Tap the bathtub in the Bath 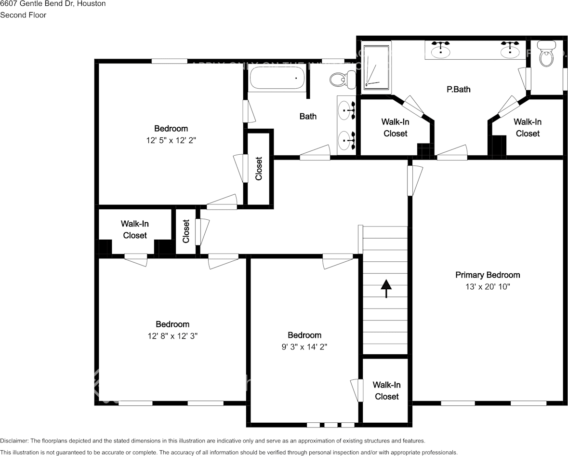click(x=277, y=78)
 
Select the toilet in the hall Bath click(x=343, y=79)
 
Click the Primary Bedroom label click(x=488, y=275)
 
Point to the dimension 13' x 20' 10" click(x=488, y=287)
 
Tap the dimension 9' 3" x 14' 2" click(x=304, y=347)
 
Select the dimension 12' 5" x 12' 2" click(x=171, y=140)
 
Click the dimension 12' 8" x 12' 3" click(x=172, y=336)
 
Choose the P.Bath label click(x=458, y=89)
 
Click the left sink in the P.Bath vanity click(x=440, y=50)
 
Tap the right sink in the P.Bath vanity click(x=509, y=50)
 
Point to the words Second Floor click(x=23, y=15)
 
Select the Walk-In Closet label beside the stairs click(x=386, y=390)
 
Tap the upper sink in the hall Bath click(x=345, y=110)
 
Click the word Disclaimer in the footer click(x=14, y=441)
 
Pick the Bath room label click(x=308, y=116)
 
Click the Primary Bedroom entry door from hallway click(x=410, y=181)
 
